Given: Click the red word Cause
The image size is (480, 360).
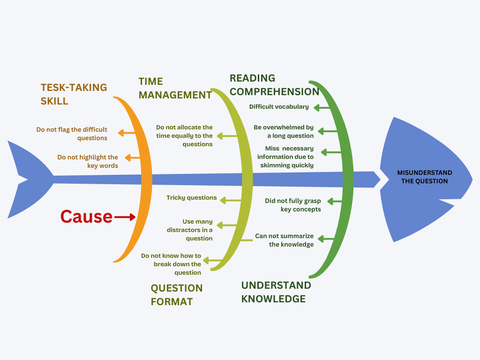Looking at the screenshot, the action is pos(86,217).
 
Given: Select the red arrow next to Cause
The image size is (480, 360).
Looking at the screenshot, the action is pos(125,217).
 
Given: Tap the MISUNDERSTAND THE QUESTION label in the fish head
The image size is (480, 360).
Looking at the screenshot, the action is pos(424,177).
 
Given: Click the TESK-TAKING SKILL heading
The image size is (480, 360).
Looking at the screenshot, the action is pos(74,94).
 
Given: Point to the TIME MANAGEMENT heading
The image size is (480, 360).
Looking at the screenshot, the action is pos(175,88).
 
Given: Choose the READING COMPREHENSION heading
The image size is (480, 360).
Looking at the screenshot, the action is pos(274,85).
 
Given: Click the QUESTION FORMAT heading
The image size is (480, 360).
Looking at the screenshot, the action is pos(177,295).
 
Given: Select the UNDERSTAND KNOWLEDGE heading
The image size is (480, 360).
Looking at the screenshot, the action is pos(276,292).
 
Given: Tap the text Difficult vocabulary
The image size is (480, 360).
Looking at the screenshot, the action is pos(279,107).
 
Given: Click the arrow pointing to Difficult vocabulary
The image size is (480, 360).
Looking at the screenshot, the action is pos(322,108).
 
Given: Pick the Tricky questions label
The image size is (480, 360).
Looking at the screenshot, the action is pos(192,198).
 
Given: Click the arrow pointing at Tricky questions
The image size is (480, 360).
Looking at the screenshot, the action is pos(231,201).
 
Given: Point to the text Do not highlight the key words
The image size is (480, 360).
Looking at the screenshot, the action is pos(88,161).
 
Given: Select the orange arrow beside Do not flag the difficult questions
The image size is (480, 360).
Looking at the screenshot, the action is pos(127,133).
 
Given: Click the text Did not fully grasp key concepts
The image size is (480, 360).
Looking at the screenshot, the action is pos(293,205).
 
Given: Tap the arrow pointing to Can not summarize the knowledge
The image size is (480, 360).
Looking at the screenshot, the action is pos(326,239).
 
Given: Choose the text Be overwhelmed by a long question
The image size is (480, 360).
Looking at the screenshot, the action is pos(284,132).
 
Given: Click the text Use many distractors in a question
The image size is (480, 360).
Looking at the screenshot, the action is pos(189,230).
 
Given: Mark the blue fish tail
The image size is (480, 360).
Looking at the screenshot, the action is pos(30,180).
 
